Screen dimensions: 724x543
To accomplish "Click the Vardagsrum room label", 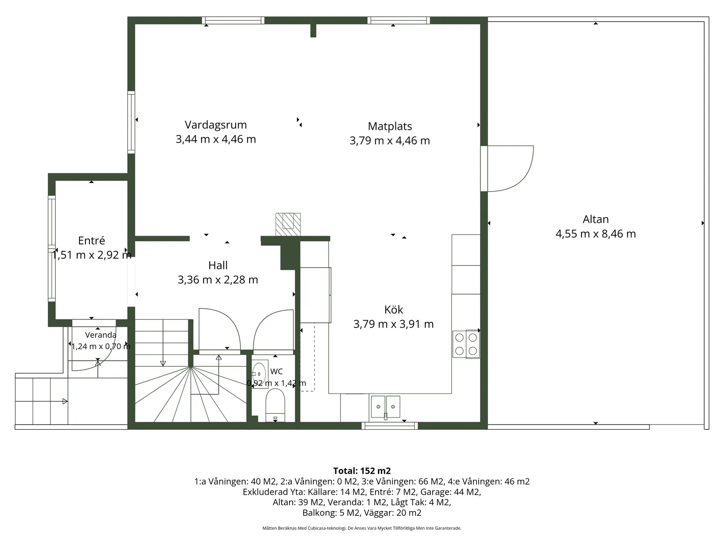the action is click(216, 125).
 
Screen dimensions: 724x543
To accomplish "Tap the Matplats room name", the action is click(390, 126).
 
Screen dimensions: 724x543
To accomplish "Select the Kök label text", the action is click(394, 310).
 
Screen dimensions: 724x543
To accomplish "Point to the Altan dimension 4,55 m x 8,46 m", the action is click(596, 234).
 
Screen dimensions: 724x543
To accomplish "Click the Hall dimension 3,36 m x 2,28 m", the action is click(218, 279).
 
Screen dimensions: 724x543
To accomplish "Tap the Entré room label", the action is click(92, 240).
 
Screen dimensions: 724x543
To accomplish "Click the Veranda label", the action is click(100, 335).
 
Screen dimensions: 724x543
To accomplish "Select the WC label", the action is click(276, 372).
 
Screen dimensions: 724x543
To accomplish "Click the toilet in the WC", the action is click(275, 405).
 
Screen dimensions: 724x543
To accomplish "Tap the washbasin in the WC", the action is click(260, 374).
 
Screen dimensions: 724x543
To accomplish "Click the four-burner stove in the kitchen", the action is click(466, 344).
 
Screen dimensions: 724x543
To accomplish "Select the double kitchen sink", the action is click(385, 407).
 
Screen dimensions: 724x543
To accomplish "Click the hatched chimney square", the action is click(288, 225).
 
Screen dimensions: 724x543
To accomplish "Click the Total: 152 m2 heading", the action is click(362, 471).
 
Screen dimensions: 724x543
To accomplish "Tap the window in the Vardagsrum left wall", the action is click(131, 122).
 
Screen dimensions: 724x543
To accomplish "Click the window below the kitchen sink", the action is click(390, 425).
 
